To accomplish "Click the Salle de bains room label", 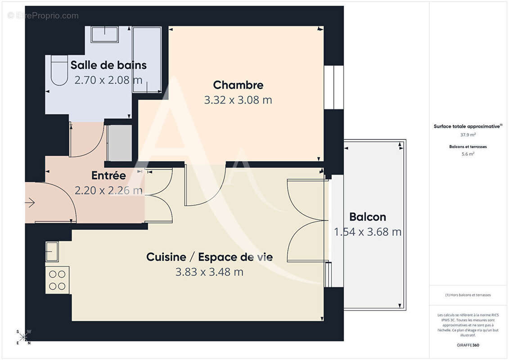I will click(108, 65).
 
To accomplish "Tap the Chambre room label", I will click(238, 85).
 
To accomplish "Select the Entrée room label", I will click(108, 175).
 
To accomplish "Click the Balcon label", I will click(368, 217).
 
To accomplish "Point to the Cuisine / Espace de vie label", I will click(209, 257).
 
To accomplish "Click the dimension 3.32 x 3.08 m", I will click(238, 100).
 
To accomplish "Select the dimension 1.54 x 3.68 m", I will click(368, 232).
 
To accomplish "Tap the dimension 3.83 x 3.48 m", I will click(209, 272).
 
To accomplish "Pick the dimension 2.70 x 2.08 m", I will click(108, 80).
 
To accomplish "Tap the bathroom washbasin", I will click(104, 34).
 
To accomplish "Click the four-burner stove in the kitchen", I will click(57, 280).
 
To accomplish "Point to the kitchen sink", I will click(52, 251).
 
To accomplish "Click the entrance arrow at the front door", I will click(30, 203).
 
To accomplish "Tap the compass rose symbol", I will click(23, 337).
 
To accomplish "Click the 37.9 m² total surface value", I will click(468, 135).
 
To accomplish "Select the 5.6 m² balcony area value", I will click(468, 154).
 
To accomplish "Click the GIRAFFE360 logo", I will click(468, 345).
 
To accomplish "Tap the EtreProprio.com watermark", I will click(43, 16).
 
